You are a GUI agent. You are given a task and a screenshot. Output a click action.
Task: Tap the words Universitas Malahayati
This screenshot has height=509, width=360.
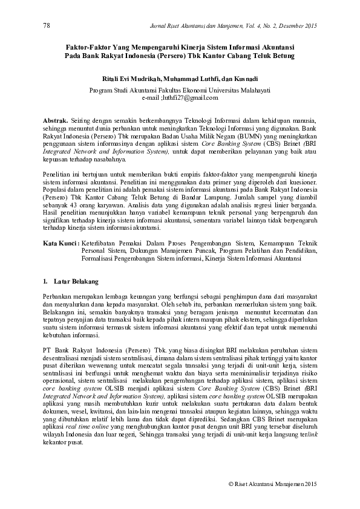[x=238, y=90]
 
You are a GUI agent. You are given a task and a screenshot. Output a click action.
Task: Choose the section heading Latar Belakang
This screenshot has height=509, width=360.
[x=72, y=282]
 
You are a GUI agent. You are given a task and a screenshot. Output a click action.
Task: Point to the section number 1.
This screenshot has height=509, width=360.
[x=45, y=282]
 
